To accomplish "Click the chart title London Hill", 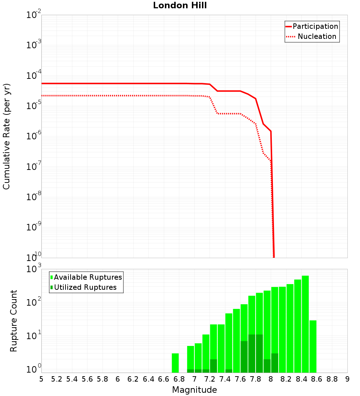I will tap(180, 5).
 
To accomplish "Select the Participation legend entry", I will tap(315, 26).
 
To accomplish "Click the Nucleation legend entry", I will tap(317, 36).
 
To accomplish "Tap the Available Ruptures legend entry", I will tap(88, 277).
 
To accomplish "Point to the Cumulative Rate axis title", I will tap(6, 136).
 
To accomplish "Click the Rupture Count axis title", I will tap(14, 321).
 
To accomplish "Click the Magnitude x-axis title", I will tap(194, 390).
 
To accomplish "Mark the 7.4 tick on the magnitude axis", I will tap(225, 379).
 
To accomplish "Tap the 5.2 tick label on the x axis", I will tap(57, 379).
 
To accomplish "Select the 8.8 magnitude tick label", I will tap(332, 379).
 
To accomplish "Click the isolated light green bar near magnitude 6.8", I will tap(175, 363).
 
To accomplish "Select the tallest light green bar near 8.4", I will tap(305, 324).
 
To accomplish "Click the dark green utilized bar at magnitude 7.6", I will tap(244, 356).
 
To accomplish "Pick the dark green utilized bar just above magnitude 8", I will tap(275, 363).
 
